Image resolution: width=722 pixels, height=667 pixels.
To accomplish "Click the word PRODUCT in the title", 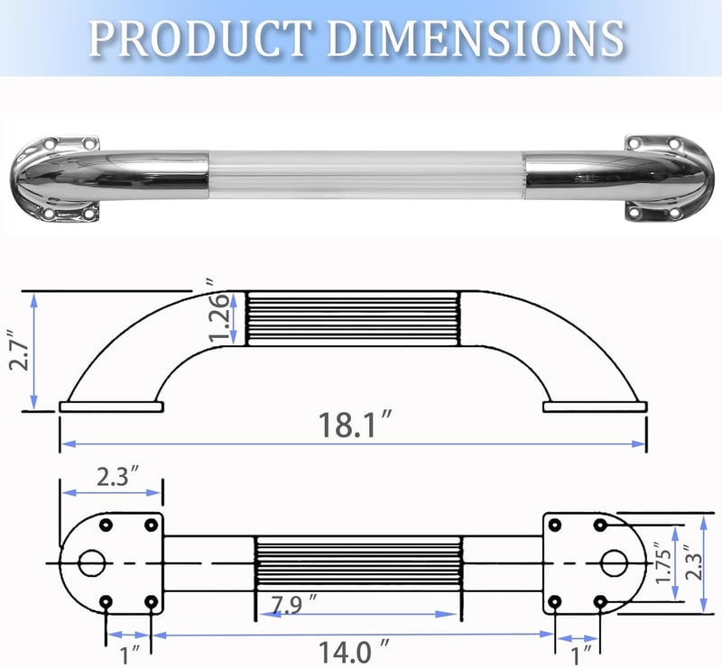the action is pyautogui.click(x=199, y=38).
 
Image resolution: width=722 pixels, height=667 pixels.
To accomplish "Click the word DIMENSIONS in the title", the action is pyautogui.click(x=476, y=38).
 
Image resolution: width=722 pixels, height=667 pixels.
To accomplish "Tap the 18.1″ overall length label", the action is pyautogui.click(x=354, y=425).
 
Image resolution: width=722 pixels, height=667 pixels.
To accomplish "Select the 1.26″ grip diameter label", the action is pyautogui.click(x=218, y=311).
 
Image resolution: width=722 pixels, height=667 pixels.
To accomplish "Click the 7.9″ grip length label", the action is pyautogui.click(x=293, y=604).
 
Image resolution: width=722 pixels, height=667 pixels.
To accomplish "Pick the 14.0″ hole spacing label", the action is pyautogui.click(x=354, y=651).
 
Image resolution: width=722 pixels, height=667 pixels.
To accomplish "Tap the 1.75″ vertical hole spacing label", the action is pyautogui.click(x=663, y=562).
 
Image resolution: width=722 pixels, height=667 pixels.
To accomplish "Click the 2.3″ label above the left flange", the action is pyautogui.click(x=117, y=476).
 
